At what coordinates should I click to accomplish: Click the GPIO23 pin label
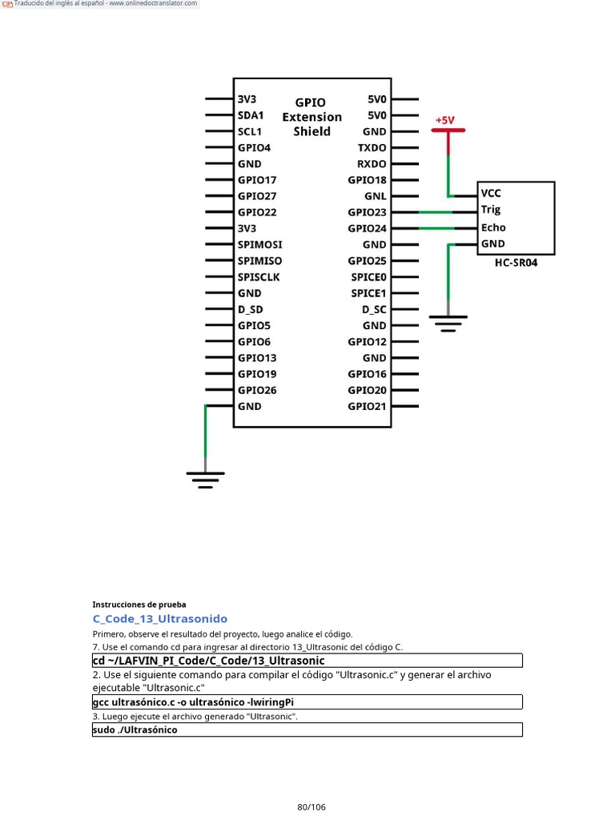pyautogui.click(x=367, y=212)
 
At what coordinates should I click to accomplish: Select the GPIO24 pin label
pyautogui.click(x=367, y=228)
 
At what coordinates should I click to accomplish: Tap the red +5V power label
pyautogui.click(x=444, y=121)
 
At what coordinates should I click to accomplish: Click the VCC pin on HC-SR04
pyautogui.click(x=491, y=193)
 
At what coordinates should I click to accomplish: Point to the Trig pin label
pyautogui.click(x=491, y=210)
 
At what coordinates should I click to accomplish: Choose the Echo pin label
pyautogui.click(x=493, y=227)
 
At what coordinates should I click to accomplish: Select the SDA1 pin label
pyautogui.click(x=251, y=115)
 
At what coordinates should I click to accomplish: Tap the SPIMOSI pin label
pyautogui.click(x=259, y=244)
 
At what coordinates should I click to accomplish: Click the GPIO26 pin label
pyautogui.click(x=257, y=390)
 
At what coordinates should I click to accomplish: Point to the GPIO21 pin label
pyautogui.click(x=367, y=406)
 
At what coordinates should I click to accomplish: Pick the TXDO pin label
pyautogui.click(x=372, y=148)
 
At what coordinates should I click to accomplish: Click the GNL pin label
pyautogui.click(x=376, y=196)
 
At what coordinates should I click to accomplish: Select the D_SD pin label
pyautogui.click(x=251, y=309)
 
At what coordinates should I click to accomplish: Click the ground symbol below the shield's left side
pyautogui.click(x=206, y=479)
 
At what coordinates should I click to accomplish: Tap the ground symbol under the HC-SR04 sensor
pyautogui.click(x=448, y=323)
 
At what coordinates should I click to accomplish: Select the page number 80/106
pyautogui.click(x=312, y=806)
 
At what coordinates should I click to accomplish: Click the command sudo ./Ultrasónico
pyautogui.click(x=135, y=730)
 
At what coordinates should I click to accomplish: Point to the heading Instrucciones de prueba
pyautogui.click(x=139, y=605)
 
